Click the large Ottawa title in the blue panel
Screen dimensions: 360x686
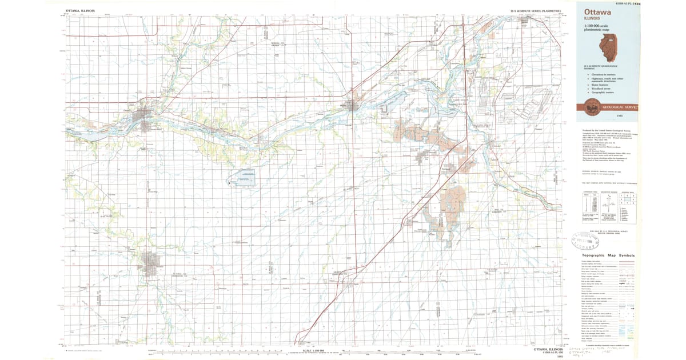coord(596,11)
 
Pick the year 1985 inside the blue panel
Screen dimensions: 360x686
coord(620,116)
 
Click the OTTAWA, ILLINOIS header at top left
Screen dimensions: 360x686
coord(80,11)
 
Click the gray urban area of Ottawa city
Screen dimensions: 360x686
coord(140,117)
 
